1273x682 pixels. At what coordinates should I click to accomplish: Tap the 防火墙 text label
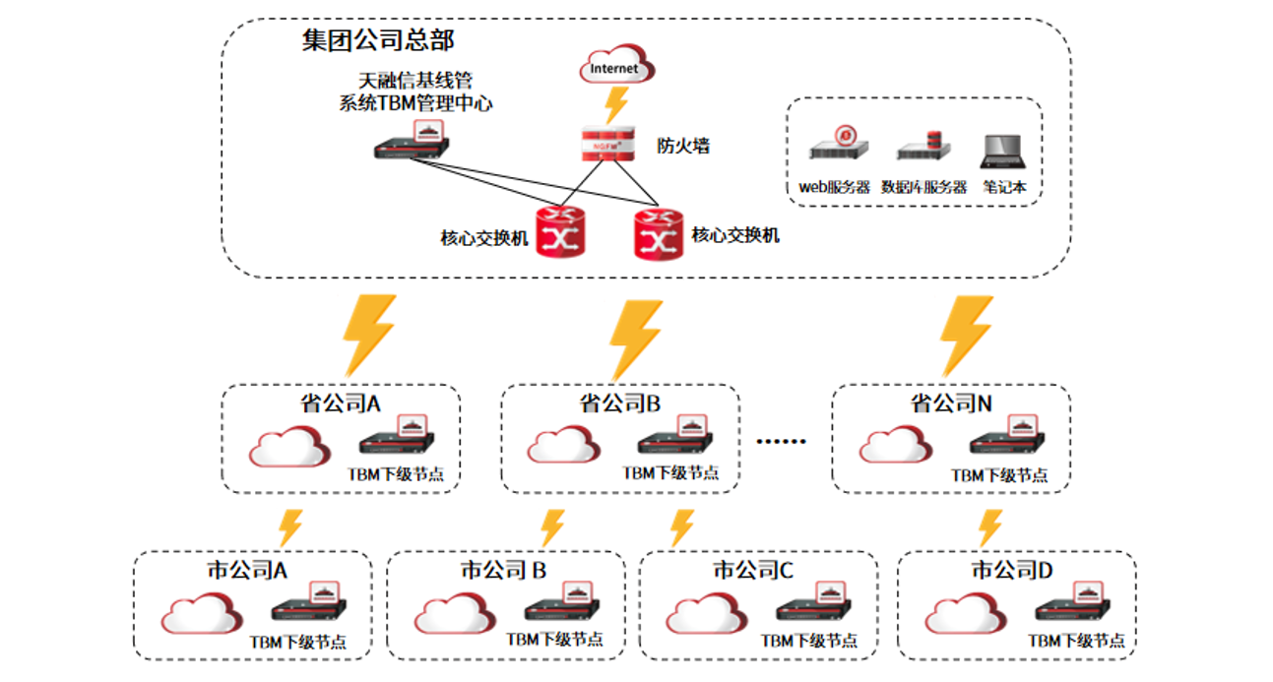tap(683, 147)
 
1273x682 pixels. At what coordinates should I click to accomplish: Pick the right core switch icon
tap(658, 233)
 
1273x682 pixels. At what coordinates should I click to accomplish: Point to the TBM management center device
tap(414, 144)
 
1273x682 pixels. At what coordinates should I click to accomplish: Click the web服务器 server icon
tap(840, 146)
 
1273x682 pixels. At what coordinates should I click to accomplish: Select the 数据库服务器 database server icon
tap(923, 148)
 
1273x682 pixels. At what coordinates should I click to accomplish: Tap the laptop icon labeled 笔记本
tap(1004, 150)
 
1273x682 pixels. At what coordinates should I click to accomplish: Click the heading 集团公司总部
tap(377, 41)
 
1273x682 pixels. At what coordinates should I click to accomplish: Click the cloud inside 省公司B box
tap(563, 445)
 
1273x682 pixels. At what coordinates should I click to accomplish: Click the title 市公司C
tap(753, 571)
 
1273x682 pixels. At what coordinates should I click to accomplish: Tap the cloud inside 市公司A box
tap(201, 614)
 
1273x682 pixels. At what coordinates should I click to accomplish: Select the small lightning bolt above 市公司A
tap(289, 527)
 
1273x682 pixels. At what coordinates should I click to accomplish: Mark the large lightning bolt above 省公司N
tap(965, 335)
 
